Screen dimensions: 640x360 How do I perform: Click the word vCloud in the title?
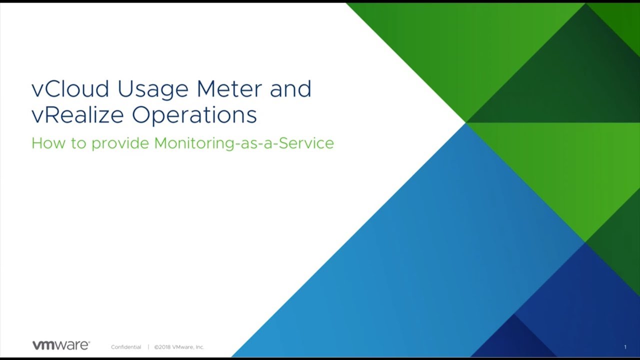(70, 88)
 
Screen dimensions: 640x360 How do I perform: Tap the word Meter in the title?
(229, 88)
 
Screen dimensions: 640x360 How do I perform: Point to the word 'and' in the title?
(290, 88)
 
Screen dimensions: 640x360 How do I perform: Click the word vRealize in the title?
(77, 115)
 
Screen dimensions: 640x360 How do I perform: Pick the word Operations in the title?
(194, 116)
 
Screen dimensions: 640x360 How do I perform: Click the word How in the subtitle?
(48, 143)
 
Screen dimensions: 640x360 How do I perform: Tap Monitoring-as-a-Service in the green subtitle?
(244, 143)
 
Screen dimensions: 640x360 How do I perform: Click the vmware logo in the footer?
(61, 345)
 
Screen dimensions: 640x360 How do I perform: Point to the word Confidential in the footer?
(126, 347)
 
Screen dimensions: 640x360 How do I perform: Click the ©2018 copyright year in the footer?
(162, 347)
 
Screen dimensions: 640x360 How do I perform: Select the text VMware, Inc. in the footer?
(188, 347)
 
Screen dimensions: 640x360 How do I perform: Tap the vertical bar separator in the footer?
(148, 347)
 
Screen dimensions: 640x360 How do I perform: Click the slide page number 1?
(625, 347)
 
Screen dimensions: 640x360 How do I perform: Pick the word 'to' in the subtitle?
(78, 143)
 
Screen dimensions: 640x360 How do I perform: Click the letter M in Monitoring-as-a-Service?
(161, 143)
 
